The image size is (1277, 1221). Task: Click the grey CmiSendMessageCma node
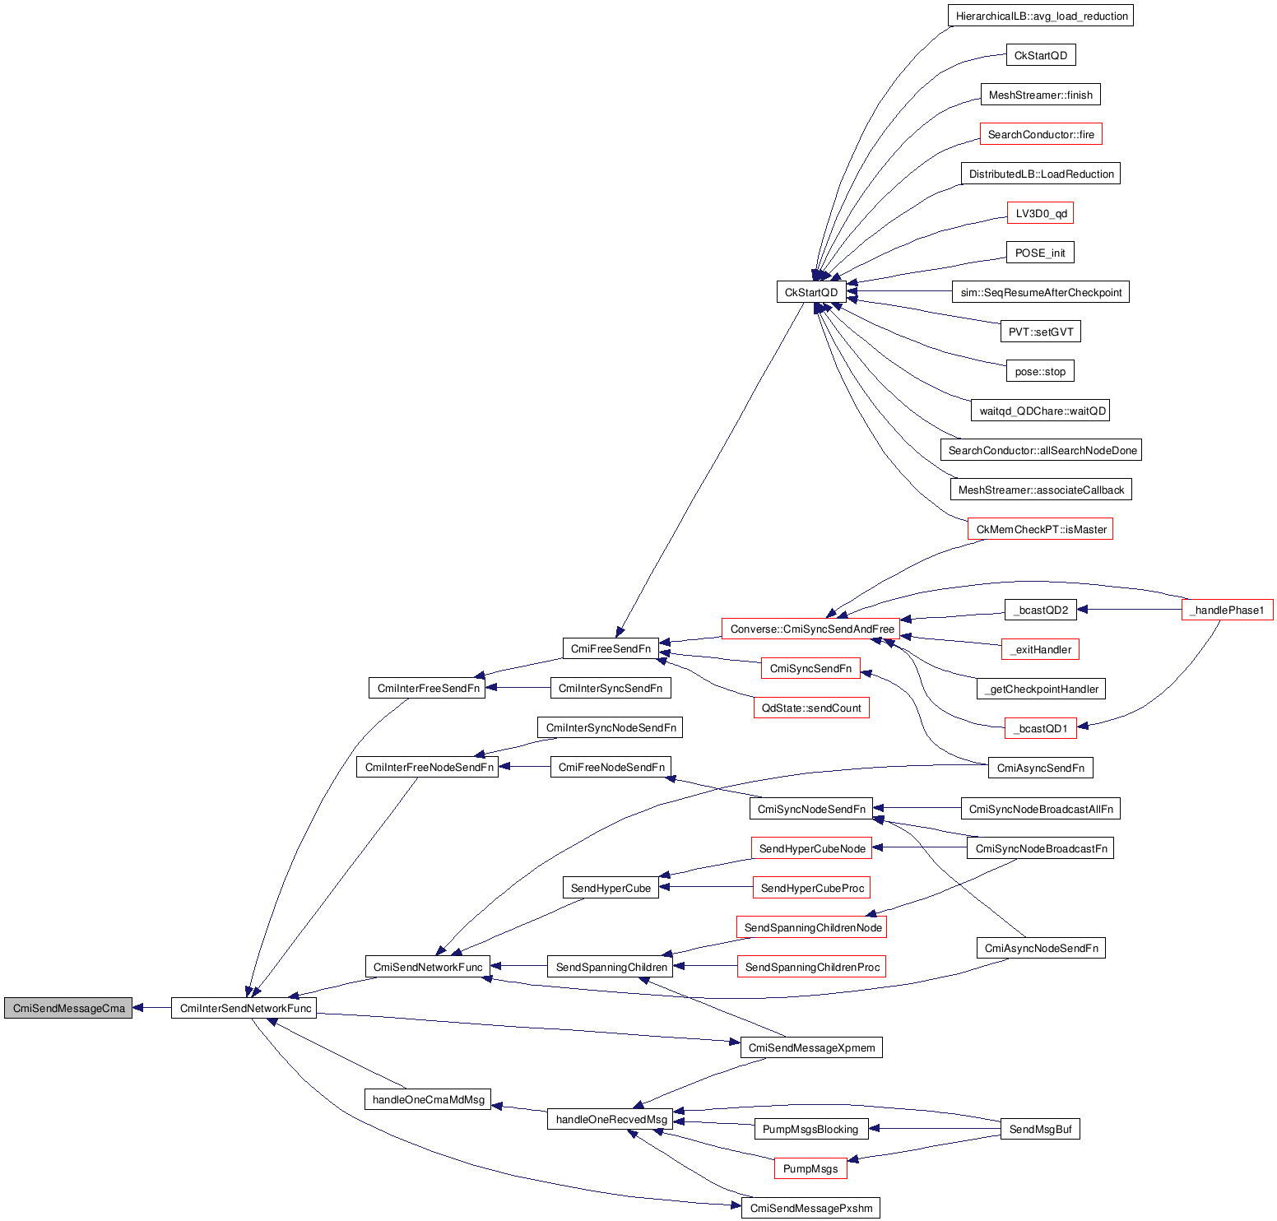point(67,1008)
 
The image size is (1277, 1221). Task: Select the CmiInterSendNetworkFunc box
point(244,1008)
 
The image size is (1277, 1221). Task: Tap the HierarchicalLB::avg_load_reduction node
point(1041,16)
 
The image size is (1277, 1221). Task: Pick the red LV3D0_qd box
point(1040,213)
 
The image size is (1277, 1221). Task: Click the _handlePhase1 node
point(1227,610)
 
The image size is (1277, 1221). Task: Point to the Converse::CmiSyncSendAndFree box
point(811,629)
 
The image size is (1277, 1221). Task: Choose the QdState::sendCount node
point(811,708)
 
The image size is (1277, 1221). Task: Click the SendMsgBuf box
point(1040,1129)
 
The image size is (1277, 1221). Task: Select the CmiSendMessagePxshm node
point(810,1208)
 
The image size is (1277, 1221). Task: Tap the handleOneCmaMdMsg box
point(428,1099)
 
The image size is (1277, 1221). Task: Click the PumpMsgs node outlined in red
point(810,1168)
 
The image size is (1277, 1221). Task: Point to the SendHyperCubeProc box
point(811,888)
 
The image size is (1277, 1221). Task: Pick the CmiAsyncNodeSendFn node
point(1041,948)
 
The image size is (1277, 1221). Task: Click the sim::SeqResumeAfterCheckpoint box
point(1041,292)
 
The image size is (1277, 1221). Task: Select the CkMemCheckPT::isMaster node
point(1040,529)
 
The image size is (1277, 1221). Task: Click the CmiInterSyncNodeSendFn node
point(611,727)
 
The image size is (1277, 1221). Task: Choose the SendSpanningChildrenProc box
point(811,967)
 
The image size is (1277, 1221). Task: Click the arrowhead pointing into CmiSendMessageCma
point(138,1008)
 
